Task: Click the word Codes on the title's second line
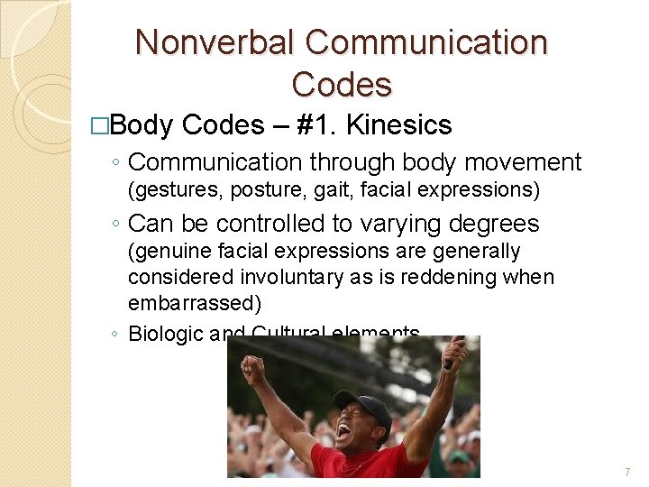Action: click(342, 85)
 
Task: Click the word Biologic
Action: click(165, 334)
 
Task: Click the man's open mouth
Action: click(343, 431)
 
